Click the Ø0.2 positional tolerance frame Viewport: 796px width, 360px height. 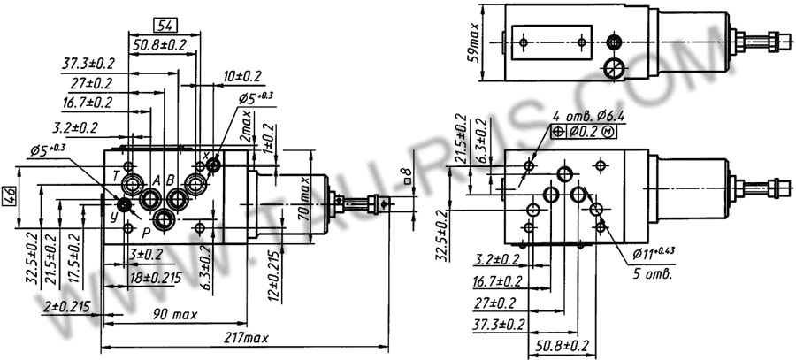585,132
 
